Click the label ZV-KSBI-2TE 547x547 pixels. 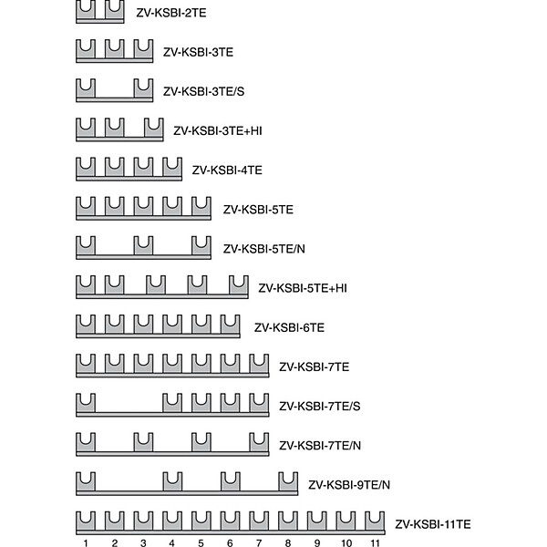point(171,13)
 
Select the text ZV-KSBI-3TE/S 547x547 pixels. point(203,91)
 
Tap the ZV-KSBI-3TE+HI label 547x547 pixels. point(218,130)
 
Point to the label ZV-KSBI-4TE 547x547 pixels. point(227,170)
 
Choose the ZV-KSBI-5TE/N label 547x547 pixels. point(264,249)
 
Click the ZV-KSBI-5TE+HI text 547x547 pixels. point(303,288)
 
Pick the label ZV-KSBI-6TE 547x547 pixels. point(289,327)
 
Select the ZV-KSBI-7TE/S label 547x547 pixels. point(320,406)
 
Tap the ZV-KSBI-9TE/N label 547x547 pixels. point(349,485)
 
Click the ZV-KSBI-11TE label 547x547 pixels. point(432,524)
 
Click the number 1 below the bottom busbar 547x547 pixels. point(86,542)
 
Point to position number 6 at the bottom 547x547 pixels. point(230,542)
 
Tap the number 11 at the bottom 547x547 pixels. point(375,542)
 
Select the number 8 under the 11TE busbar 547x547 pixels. point(288,542)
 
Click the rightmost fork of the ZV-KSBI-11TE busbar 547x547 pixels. point(375,521)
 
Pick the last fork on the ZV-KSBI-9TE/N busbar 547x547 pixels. point(288,482)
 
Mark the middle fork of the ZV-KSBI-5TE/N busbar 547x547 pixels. point(143,246)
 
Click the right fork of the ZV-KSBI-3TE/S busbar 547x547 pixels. point(143,88)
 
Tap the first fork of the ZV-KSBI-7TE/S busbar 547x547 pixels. point(86,403)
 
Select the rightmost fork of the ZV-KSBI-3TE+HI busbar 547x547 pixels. point(154,128)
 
